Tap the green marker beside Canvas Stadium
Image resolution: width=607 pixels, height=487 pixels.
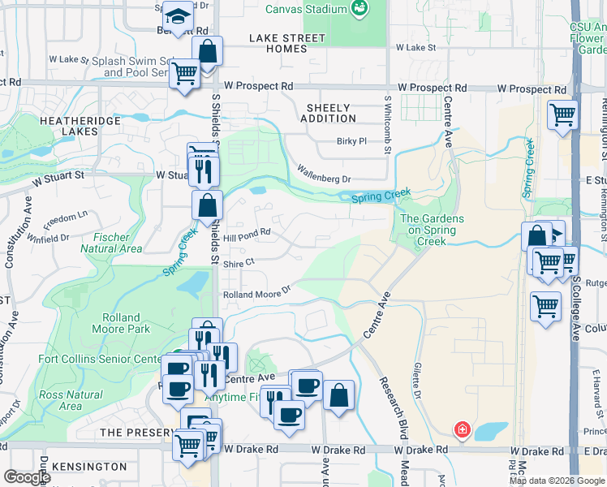pos(359,10)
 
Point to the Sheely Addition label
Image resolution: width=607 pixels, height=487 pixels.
pos(329,113)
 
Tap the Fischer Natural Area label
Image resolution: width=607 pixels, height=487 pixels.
pos(112,243)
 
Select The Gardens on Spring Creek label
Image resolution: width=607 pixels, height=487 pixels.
pos(432,230)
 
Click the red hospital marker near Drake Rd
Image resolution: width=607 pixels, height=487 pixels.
pos(462,429)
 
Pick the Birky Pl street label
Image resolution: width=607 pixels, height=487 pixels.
pos(352,141)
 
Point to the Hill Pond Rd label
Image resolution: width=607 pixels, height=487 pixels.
pos(247,232)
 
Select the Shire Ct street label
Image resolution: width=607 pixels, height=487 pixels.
pos(239,262)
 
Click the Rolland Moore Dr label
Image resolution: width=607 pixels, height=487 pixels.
pos(256,292)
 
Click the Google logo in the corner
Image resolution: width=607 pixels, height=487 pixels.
pos(27,477)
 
